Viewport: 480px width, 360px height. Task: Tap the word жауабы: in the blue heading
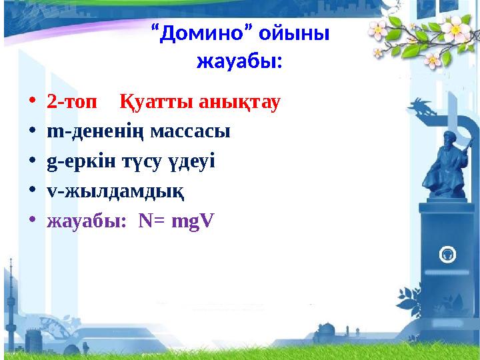point(239,63)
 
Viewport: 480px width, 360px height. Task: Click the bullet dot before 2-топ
point(33,104)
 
